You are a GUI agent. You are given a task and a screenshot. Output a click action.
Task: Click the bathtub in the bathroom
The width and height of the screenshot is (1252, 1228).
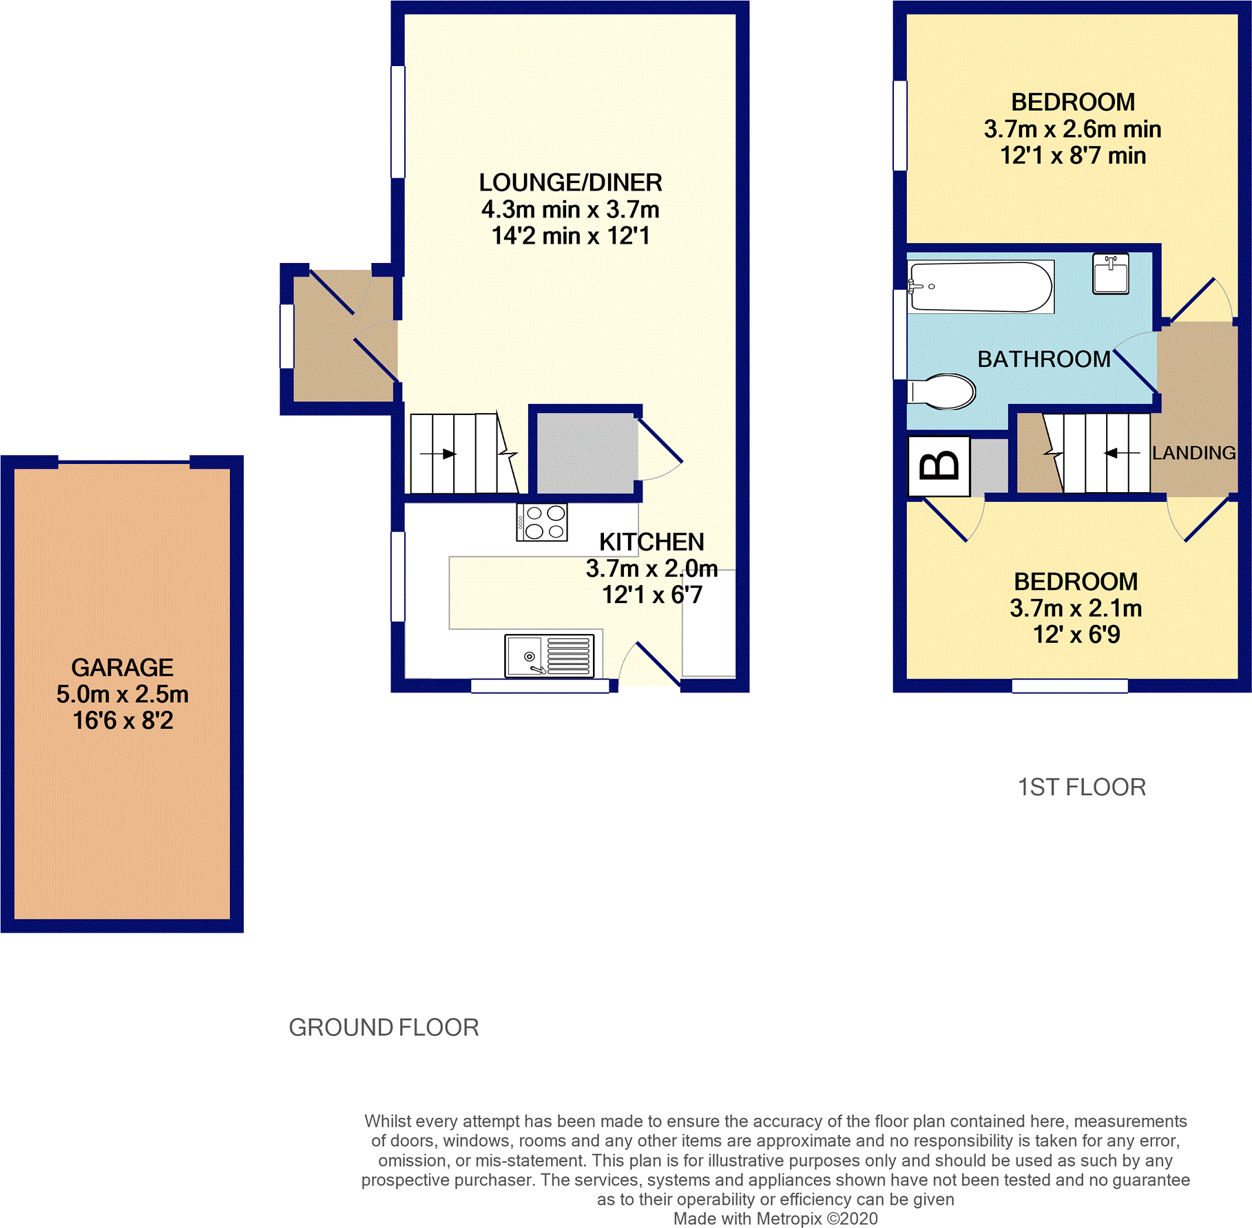[x=981, y=286]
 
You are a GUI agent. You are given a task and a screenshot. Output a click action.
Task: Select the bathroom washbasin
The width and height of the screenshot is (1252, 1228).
[x=1110, y=274]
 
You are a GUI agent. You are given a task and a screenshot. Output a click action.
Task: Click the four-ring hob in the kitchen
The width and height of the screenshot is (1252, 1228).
[x=542, y=522]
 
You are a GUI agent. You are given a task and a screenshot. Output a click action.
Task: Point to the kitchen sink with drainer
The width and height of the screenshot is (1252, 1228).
[x=550, y=655]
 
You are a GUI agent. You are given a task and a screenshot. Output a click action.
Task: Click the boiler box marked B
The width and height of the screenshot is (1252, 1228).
[x=939, y=466]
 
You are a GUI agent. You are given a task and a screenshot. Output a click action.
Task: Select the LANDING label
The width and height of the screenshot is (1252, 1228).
[x=1193, y=453]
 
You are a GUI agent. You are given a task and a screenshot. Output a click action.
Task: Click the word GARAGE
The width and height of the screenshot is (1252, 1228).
[x=122, y=668]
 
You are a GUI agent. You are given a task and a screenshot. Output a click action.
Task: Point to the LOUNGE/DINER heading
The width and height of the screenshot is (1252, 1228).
[x=570, y=182]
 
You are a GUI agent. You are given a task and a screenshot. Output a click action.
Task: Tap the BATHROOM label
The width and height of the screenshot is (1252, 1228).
[x=1043, y=359]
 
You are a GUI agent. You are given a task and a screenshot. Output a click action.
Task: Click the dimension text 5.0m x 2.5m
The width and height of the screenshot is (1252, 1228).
[x=122, y=695]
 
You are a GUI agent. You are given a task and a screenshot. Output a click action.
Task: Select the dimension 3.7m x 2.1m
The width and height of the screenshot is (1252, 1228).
[x=1076, y=608]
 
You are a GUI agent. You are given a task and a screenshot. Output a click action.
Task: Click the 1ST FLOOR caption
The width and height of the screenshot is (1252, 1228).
[x=1081, y=787]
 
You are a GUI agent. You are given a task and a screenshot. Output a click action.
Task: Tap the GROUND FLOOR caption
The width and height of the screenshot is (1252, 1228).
[x=384, y=1028]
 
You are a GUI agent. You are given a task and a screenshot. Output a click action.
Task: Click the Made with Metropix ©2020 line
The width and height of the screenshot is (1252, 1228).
[x=775, y=1218]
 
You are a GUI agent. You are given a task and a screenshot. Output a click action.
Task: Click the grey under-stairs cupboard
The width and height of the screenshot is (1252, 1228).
[x=585, y=453]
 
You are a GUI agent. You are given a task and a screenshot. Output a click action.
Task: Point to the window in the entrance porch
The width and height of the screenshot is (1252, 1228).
[x=286, y=337]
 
